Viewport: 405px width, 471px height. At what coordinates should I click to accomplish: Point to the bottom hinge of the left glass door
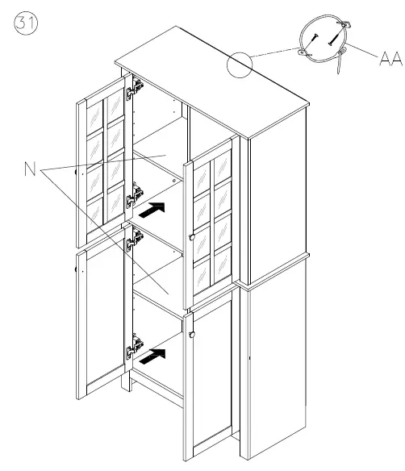[x=135, y=195]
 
